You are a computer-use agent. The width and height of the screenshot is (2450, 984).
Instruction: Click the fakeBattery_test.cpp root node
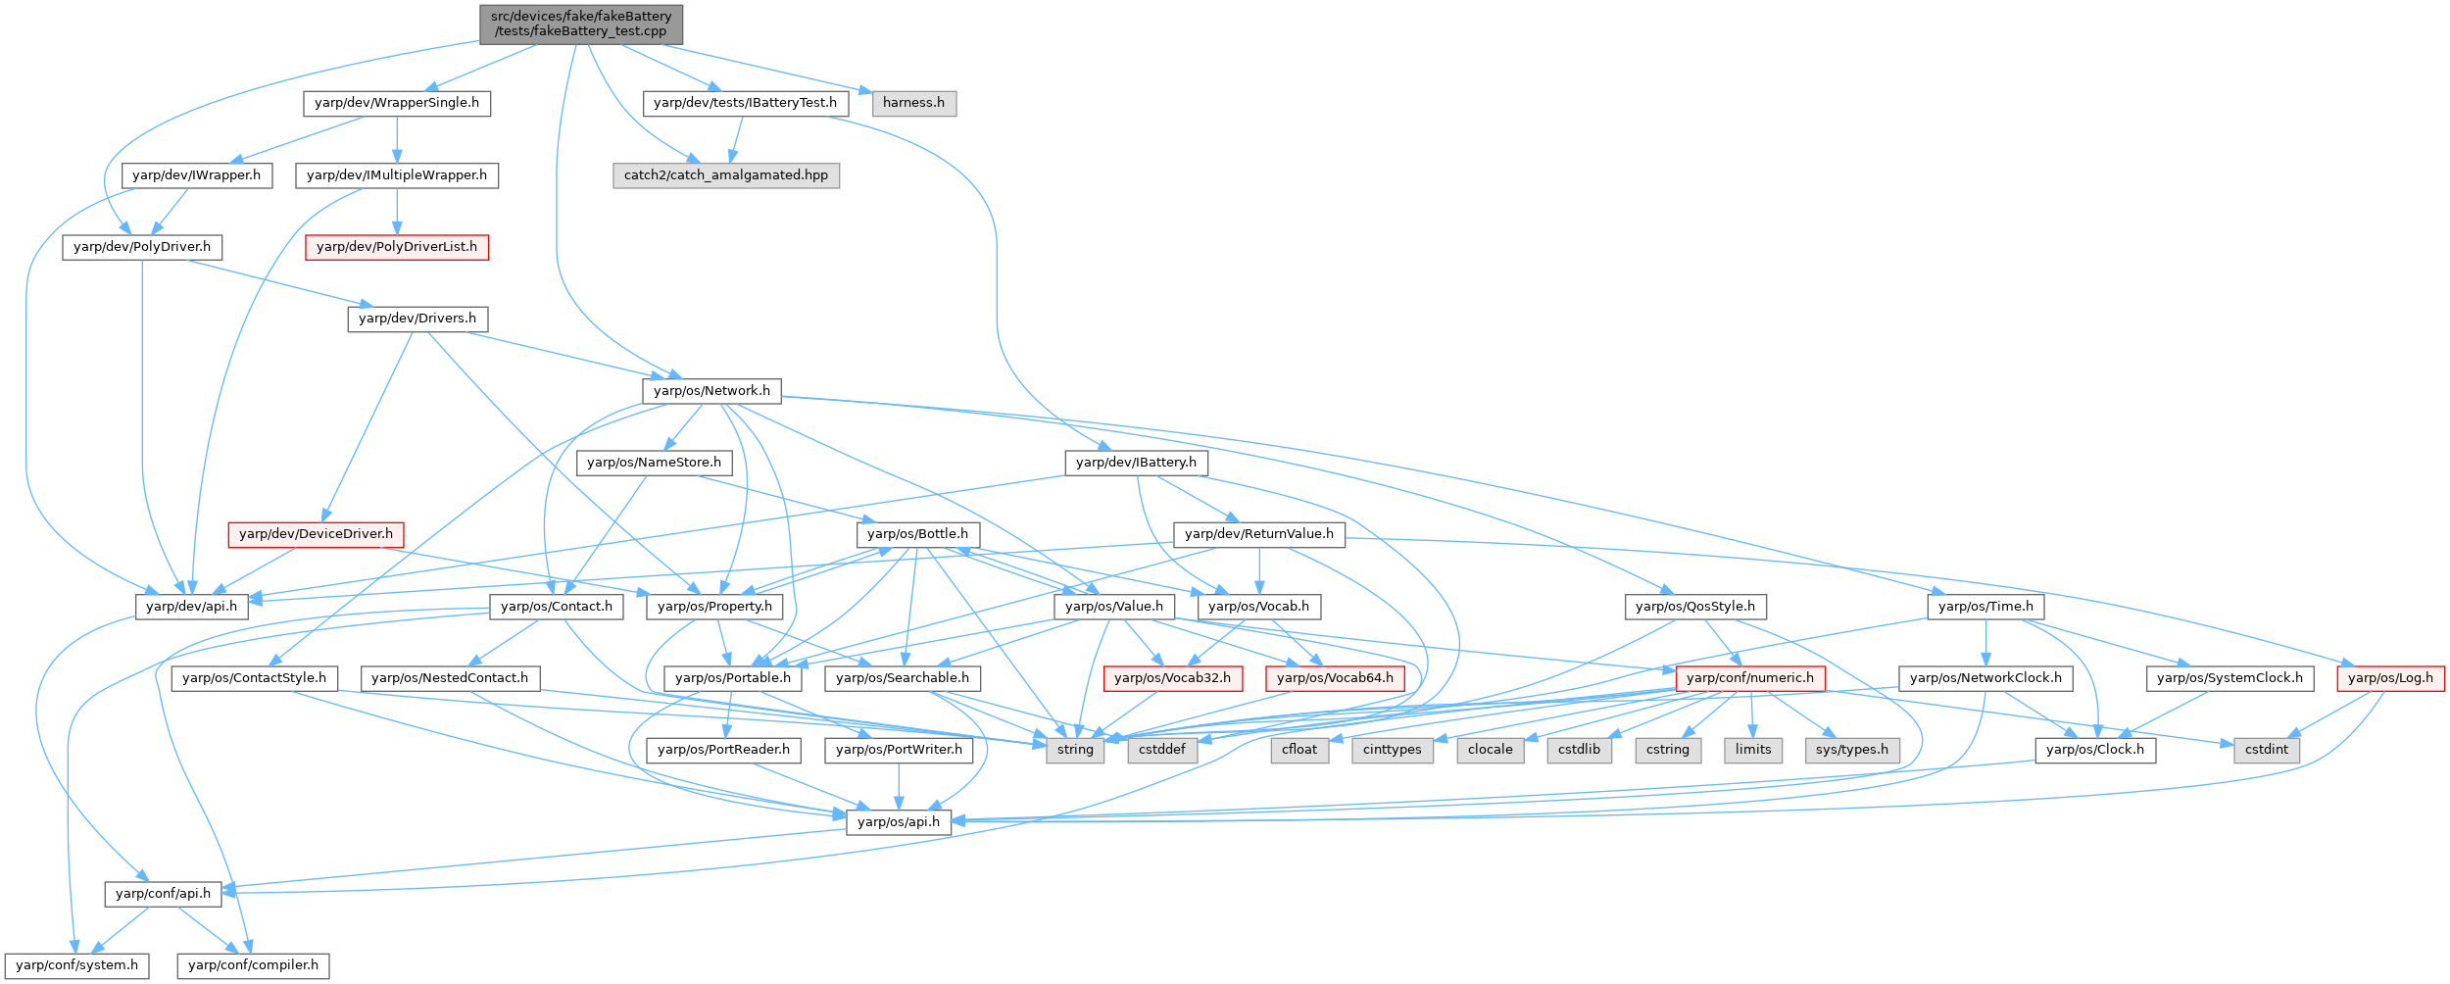[x=580, y=24]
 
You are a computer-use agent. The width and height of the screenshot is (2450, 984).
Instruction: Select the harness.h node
[x=913, y=103]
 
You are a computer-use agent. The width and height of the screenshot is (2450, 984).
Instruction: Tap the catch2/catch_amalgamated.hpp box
[x=725, y=175]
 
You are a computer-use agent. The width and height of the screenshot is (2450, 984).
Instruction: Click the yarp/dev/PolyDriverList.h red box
[x=397, y=247]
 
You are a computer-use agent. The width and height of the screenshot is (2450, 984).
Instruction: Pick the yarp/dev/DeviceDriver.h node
[x=316, y=534]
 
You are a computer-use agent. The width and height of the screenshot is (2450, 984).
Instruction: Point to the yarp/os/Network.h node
[x=711, y=391]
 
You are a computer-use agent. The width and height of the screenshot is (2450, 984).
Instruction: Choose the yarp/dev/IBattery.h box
[x=1136, y=463]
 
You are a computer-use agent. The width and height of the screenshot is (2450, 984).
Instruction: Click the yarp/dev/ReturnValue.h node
[x=1259, y=534]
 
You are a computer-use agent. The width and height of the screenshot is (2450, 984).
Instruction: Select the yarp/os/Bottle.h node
[x=917, y=534]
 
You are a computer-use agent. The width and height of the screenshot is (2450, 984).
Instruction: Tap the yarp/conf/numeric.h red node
[x=1750, y=678]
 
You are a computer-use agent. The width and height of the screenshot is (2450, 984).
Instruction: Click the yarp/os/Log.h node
[x=2390, y=678]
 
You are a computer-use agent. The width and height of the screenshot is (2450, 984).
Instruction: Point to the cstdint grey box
[x=2267, y=750]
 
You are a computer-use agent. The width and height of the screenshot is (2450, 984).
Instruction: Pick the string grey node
[x=1075, y=750]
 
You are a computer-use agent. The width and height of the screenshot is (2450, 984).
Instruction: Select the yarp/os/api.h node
[x=899, y=822]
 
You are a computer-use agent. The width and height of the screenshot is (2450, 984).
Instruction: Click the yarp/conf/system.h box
[x=77, y=965]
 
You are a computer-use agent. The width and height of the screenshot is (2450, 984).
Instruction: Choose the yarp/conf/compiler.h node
[x=253, y=965]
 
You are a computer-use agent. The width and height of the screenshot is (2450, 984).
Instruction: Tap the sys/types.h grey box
[x=1852, y=750]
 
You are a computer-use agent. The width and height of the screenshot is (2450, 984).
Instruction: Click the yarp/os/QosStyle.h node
[x=1695, y=607]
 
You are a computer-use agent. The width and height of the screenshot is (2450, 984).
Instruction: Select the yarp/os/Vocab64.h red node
[x=1335, y=678]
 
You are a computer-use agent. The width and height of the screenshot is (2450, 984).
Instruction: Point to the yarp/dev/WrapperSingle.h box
[x=397, y=103]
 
